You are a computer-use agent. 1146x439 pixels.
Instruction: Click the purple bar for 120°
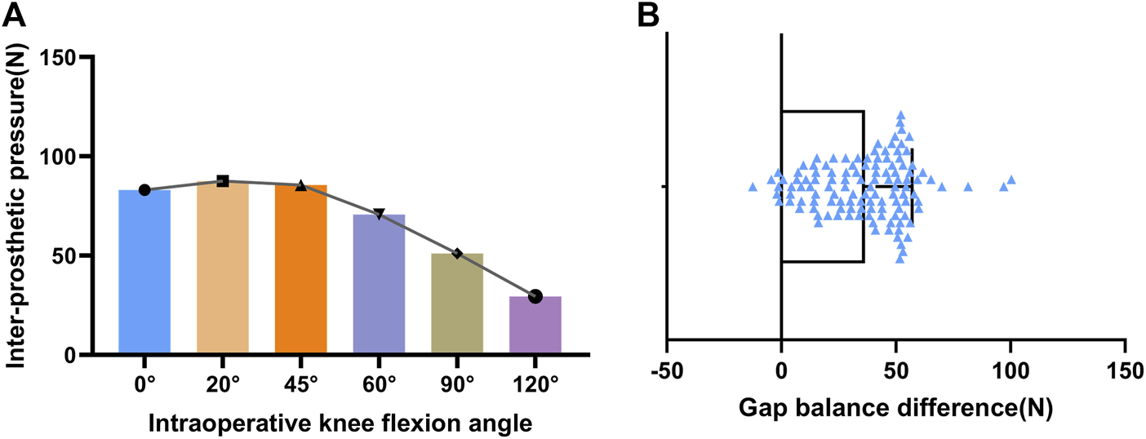pyautogui.click(x=535, y=325)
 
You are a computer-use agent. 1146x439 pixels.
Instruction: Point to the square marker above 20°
pyautogui.click(x=223, y=180)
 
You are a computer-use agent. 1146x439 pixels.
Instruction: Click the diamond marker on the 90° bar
pyautogui.click(x=457, y=254)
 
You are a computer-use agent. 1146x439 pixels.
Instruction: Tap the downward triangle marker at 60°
pyautogui.click(x=379, y=214)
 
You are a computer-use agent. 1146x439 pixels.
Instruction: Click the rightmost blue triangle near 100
pyautogui.click(x=1011, y=180)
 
